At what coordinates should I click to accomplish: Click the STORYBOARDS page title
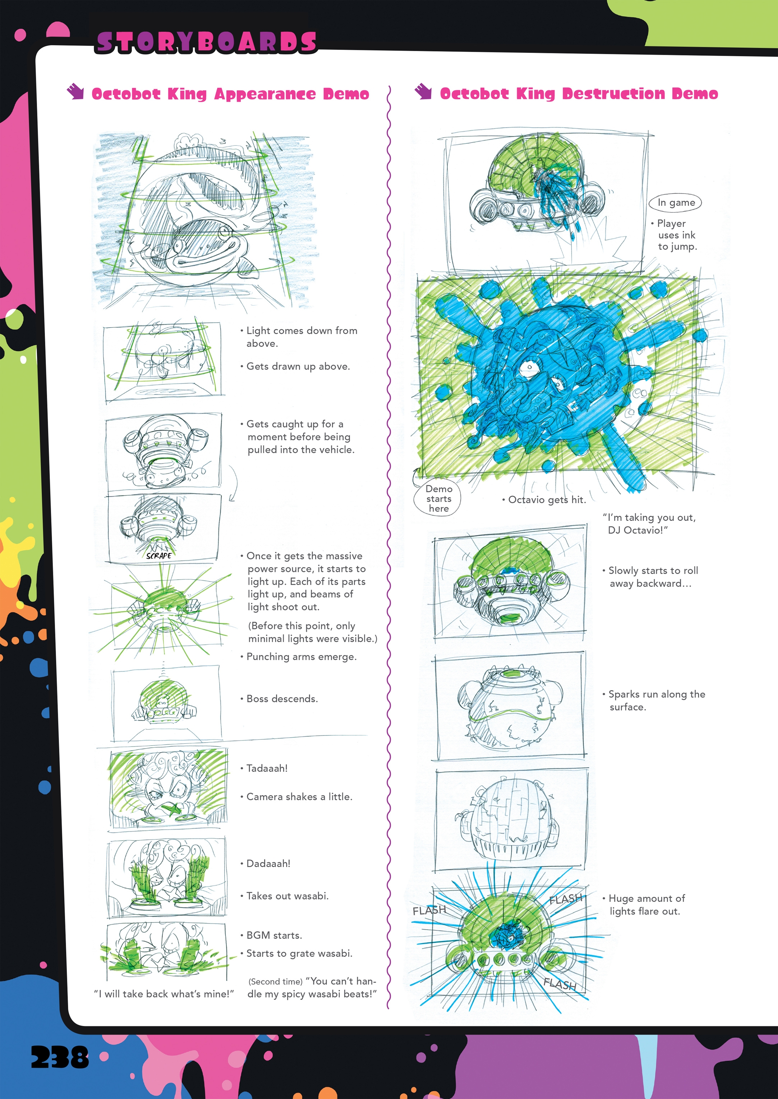(x=206, y=42)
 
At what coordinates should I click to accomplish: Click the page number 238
(x=60, y=1057)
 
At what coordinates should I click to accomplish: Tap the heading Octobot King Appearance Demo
(x=230, y=94)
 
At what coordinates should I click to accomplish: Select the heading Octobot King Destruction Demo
(x=579, y=94)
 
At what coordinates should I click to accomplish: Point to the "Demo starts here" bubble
(x=438, y=499)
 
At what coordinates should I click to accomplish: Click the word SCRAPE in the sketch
(x=158, y=556)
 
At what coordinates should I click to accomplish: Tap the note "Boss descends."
(x=282, y=699)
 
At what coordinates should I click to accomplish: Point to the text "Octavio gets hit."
(x=546, y=500)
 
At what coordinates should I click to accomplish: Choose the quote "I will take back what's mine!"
(x=164, y=994)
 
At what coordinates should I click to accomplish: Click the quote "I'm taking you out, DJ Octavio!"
(x=649, y=524)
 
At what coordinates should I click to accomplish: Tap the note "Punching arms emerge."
(x=301, y=657)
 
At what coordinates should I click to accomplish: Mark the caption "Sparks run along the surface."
(x=655, y=700)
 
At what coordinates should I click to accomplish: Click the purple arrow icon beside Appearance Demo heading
(x=75, y=92)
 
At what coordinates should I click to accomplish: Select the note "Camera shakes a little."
(x=299, y=797)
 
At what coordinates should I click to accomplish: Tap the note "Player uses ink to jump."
(x=676, y=235)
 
